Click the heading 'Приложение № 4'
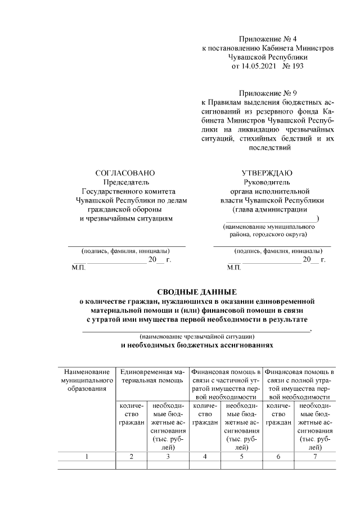point(267,39)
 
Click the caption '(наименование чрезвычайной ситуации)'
point(196,336)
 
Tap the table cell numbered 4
point(205,456)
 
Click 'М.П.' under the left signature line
point(79,268)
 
